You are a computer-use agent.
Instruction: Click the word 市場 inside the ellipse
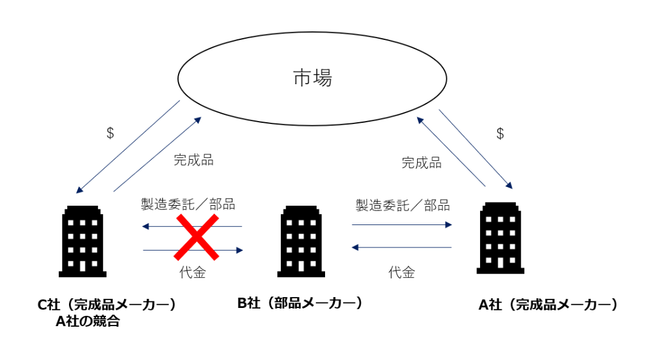(x=312, y=78)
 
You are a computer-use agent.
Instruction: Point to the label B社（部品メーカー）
(x=300, y=303)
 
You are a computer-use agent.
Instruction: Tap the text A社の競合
(x=87, y=321)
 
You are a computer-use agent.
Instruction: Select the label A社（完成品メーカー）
(x=548, y=305)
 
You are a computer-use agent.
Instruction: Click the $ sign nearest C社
(x=110, y=134)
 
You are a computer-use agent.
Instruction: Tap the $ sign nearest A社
(x=500, y=134)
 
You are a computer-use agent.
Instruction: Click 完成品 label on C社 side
(x=193, y=160)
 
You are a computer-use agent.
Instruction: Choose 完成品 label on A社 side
(x=421, y=163)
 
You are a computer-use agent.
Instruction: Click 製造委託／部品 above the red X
(x=188, y=204)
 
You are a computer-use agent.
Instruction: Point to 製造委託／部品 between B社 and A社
(x=402, y=205)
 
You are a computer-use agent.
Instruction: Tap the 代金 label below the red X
(x=193, y=273)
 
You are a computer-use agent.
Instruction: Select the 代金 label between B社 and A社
(x=401, y=272)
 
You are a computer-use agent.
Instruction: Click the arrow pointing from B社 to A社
(x=402, y=224)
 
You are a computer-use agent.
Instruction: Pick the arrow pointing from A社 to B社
(x=402, y=247)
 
